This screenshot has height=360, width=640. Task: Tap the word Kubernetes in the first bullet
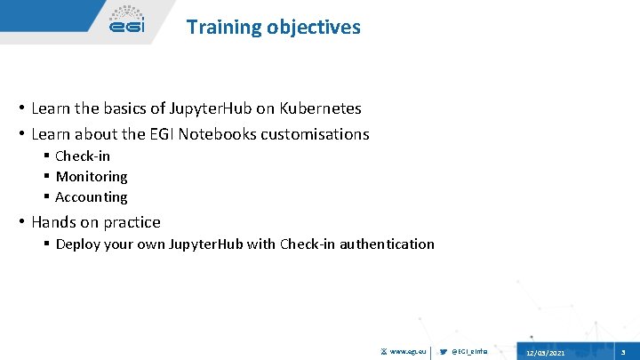(x=321, y=108)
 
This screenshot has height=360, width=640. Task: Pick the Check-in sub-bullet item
(x=83, y=156)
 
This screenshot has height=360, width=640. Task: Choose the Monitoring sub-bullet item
(x=92, y=176)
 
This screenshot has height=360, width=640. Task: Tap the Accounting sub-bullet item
(x=92, y=196)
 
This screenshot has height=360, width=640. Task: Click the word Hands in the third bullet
(x=52, y=221)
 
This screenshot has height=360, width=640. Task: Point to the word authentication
(x=388, y=244)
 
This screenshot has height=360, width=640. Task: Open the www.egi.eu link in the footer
(x=408, y=353)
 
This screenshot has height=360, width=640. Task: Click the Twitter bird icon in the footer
(x=444, y=353)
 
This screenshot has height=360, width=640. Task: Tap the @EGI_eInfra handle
(x=470, y=353)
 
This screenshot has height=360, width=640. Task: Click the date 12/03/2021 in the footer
(x=545, y=353)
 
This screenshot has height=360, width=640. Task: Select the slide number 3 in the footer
(x=623, y=353)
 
